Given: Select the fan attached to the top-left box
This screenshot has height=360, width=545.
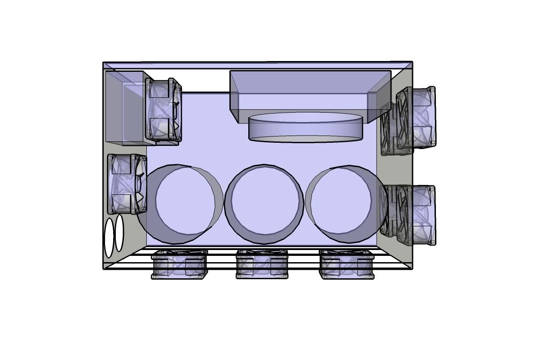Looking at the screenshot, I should [164, 110].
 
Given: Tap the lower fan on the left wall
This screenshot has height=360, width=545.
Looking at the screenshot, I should [127, 184].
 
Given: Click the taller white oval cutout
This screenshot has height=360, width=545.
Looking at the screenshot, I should [109, 237].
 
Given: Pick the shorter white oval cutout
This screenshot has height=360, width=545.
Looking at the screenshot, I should [119, 233].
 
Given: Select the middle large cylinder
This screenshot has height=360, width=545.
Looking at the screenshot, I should [264, 200].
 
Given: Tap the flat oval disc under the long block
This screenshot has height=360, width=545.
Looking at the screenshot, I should [305, 128].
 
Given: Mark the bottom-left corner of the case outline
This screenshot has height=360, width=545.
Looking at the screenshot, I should [104, 269].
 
